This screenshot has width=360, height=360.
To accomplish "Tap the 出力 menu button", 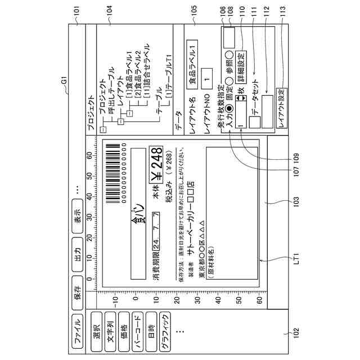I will point(77,246).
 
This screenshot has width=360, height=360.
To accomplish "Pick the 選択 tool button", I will point(95,325).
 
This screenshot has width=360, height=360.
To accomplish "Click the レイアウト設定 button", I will point(282,107).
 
